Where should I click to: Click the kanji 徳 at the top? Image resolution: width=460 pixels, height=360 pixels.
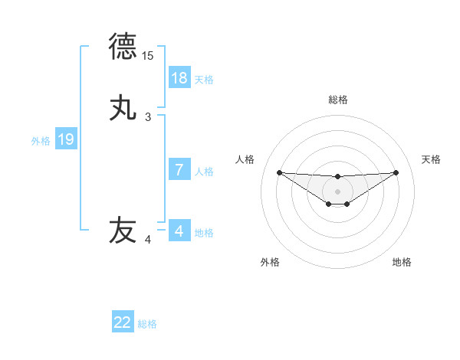[123, 47]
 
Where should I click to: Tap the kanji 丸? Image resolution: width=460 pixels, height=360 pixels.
[123, 108]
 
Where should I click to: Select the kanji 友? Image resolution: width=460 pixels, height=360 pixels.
[123, 231]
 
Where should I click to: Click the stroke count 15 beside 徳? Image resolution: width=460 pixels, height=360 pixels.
[148, 56]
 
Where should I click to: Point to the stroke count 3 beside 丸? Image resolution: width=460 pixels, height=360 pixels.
[148, 117]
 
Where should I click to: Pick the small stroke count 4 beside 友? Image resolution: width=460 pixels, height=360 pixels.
[148, 240]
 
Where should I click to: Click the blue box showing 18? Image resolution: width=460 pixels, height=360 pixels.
[179, 78]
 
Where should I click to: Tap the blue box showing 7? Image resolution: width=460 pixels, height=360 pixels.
[179, 170]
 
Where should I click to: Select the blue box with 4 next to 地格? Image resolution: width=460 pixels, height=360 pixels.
[179, 231]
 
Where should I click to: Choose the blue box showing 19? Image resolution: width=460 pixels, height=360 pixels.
[66, 139]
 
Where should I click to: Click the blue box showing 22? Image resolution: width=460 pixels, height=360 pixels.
[123, 322]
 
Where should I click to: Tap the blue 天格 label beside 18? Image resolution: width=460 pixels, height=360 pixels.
[204, 79]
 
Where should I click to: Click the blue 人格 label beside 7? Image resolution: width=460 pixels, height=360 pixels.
[204, 171]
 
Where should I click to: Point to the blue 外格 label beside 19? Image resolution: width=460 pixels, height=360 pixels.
[41, 140]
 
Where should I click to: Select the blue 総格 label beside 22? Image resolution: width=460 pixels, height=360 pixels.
[147, 323]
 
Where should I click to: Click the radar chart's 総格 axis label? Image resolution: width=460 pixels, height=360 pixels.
[337, 100]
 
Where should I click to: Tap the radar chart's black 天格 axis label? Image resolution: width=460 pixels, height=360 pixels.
[432, 159]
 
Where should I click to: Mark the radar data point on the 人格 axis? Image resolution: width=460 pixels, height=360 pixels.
[279, 172]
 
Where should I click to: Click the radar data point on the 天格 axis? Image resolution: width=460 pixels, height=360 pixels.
[396, 172]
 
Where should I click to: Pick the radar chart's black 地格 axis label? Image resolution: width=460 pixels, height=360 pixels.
[402, 262]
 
